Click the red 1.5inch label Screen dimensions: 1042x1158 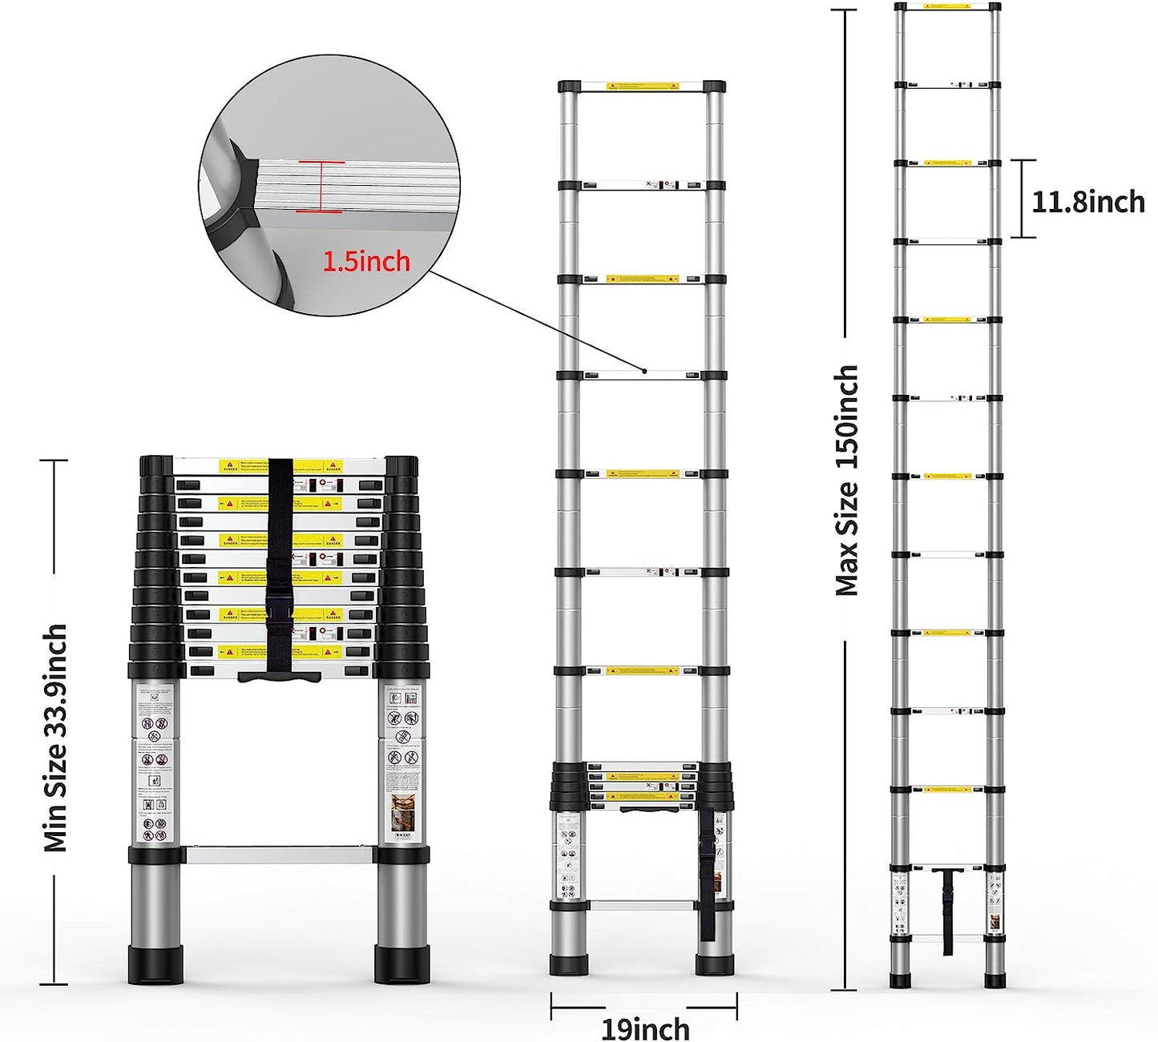pos(366,261)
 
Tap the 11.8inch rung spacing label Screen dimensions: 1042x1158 pos(1087,201)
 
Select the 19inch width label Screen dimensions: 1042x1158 pos(644,1028)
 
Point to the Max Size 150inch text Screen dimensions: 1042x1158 pos(847,481)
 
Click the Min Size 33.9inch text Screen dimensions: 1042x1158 pos(55,737)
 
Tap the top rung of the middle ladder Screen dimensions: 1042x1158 pos(642,85)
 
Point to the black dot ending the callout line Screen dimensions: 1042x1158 pos(644,370)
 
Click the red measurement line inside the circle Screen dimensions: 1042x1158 pos(320,187)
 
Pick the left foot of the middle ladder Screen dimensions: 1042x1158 pos(569,964)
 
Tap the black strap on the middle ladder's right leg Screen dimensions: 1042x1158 pos(707,881)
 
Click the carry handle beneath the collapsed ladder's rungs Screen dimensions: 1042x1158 pos(279,678)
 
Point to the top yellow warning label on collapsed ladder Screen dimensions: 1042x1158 pos(280,466)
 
